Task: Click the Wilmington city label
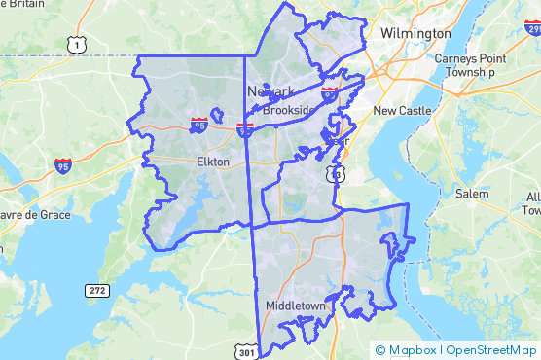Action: (x=415, y=33)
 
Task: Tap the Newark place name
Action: (x=270, y=90)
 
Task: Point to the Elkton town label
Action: (x=212, y=162)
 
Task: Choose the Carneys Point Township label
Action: (x=471, y=65)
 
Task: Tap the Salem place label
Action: (x=472, y=194)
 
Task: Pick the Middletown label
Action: (x=297, y=306)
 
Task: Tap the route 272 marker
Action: (x=97, y=290)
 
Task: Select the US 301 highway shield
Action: (x=247, y=349)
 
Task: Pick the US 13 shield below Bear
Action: (x=335, y=173)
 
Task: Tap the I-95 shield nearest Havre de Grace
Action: (x=64, y=165)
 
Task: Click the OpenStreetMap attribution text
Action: (x=491, y=349)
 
